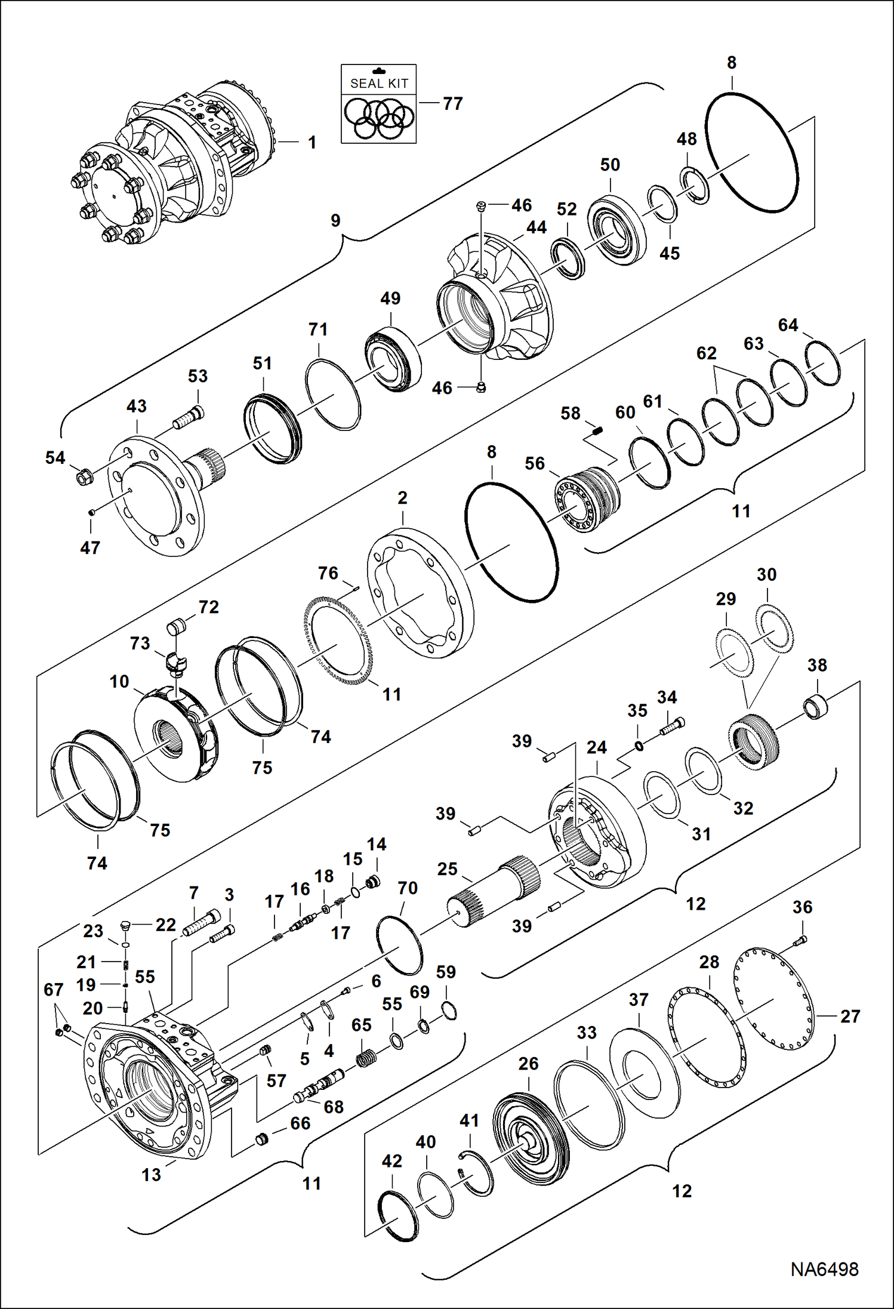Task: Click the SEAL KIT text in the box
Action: point(379,84)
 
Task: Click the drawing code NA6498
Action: point(824,1269)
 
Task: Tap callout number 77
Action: point(453,104)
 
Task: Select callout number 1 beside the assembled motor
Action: point(312,142)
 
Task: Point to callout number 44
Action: point(536,227)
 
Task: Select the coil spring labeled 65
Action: point(367,1059)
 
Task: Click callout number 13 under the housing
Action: point(151,1175)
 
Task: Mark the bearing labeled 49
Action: point(393,361)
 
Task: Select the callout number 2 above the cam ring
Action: point(402,498)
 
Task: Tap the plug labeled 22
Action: point(125,926)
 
